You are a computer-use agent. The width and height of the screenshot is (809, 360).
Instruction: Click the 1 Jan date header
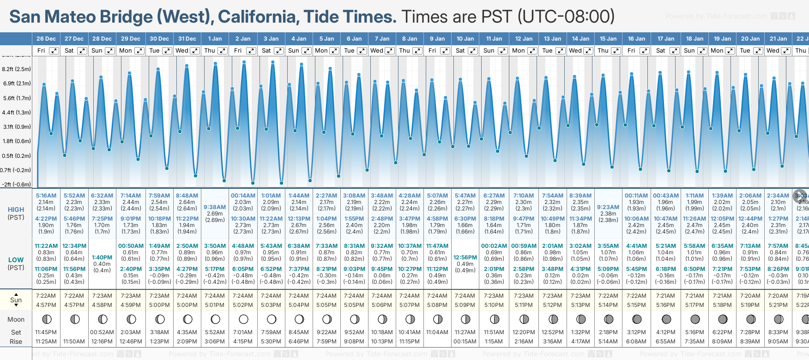click(x=215, y=39)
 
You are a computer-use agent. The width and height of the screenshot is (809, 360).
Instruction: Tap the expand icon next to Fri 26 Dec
click(x=54, y=51)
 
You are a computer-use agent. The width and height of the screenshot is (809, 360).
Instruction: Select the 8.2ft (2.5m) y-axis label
click(x=17, y=69)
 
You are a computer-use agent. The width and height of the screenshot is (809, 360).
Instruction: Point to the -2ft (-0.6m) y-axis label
click(x=17, y=185)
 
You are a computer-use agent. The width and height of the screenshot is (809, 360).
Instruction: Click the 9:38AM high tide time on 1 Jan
click(x=215, y=207)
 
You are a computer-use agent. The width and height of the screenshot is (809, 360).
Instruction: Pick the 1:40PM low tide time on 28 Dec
click(x=102, y=258)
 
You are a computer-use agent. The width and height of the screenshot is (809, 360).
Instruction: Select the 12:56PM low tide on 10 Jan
click(x=465, y=258)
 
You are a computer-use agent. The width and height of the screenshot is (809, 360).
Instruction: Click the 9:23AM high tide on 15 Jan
click(x=608, y=207)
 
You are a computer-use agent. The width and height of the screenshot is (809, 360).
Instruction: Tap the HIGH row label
click(x=16, y=210)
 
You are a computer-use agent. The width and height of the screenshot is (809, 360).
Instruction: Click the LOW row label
click(x=16, y=260)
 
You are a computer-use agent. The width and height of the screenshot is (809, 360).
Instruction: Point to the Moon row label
click(x=16, y=319)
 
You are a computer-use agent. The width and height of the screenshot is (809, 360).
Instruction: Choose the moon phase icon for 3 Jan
click(x=272, y=319)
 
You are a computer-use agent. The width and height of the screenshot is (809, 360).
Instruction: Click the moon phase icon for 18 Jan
click(x=695, y=319)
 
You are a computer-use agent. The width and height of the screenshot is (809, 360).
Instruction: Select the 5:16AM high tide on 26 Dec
click(x=46, y=196)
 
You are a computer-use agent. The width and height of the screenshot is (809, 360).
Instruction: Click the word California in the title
click(x=256, y=17)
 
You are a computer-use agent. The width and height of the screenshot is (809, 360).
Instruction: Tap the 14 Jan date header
click(x=580, y=39)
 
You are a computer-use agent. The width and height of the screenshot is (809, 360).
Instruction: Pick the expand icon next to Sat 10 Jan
click(x=473, y=51)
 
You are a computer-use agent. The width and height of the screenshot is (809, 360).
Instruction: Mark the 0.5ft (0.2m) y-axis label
click(x=17, y=156)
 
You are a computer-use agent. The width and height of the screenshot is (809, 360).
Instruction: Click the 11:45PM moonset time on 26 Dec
click(x=46, y=332)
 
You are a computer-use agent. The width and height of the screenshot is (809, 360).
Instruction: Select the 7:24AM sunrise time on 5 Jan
click(x=326, y=296)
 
